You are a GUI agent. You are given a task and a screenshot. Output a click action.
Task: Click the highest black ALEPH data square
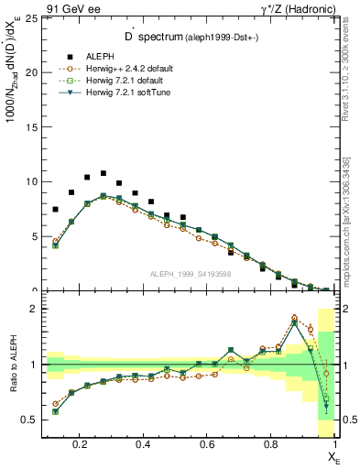(104, 173)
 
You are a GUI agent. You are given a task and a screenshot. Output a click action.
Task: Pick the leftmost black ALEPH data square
(56, 209)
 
